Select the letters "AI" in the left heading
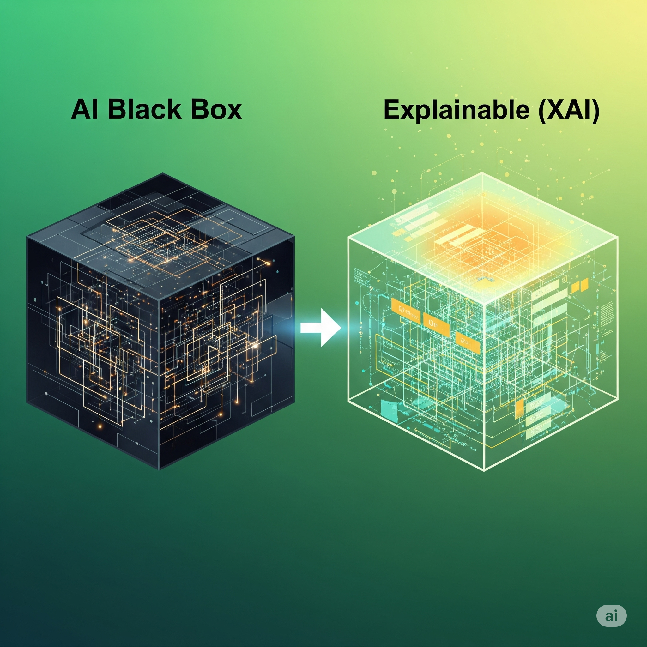[85, 110]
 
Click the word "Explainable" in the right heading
[459, 110]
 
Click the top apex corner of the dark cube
[163, 173]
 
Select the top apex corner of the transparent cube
[482, 173]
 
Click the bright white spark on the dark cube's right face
[256, 345]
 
